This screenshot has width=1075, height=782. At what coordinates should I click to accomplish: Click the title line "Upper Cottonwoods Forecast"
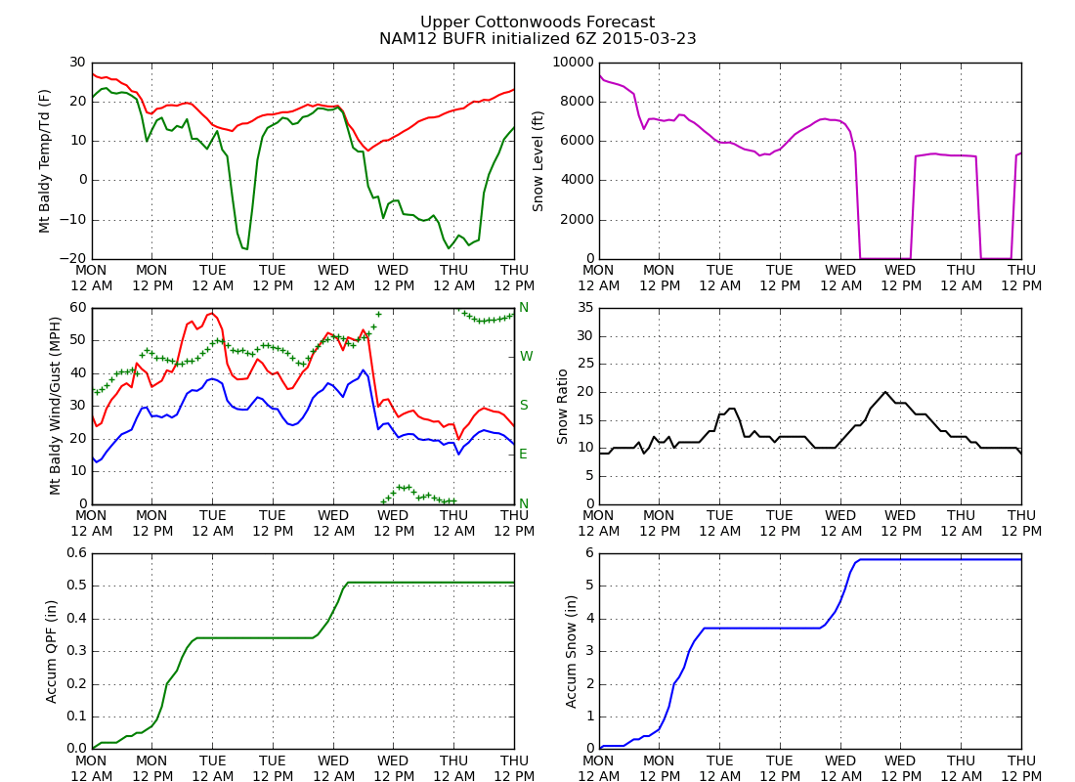[x=537, y=22]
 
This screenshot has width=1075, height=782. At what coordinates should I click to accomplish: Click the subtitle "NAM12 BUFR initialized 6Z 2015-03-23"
[x=537, y=39]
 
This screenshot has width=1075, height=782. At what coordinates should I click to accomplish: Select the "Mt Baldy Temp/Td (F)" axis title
[x=45, y=160]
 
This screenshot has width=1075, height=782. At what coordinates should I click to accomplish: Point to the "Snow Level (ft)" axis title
[x=538, y=160]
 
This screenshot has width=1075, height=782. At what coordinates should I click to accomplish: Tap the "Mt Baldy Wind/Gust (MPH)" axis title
[x=57, y=406]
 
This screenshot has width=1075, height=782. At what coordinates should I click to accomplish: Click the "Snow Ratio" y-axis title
[x=563, y=406]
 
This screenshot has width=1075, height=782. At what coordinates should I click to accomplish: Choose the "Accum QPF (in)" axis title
[x=52, y=651]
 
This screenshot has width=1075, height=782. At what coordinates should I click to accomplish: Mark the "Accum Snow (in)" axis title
[x=572, y=651]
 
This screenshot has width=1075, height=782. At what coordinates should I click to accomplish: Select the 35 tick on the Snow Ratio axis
[x=581, y=308]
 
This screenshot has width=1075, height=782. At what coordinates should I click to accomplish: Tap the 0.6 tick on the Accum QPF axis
[x=74, y=553]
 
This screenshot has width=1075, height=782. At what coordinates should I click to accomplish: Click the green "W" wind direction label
[x=526, y=357]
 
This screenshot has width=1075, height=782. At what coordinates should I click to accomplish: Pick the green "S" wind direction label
[x=524, y=406]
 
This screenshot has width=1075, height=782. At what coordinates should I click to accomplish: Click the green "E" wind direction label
[x=524, y=455]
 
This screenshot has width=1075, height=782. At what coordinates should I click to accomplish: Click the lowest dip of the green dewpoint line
[x=246, y=249]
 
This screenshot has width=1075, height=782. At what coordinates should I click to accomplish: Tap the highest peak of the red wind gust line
[x=212, y=313]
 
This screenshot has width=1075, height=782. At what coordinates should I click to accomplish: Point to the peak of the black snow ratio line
[x=885, y=392]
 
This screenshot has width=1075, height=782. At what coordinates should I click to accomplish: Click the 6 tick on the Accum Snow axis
[x=585, y=553]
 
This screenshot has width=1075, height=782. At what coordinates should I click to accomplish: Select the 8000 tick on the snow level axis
[x=574, y=102]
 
